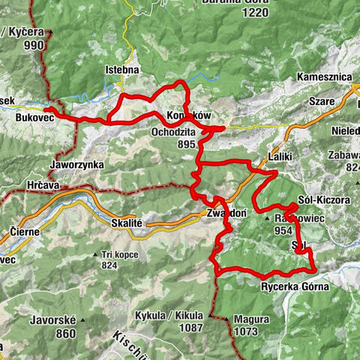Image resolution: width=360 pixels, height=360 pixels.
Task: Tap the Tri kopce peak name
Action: pos(119,253)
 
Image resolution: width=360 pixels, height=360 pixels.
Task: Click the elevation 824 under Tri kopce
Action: pos(110,265)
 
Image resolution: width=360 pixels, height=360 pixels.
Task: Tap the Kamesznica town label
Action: pos(325,77)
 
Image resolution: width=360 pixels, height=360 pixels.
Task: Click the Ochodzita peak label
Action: pos(172,132)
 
